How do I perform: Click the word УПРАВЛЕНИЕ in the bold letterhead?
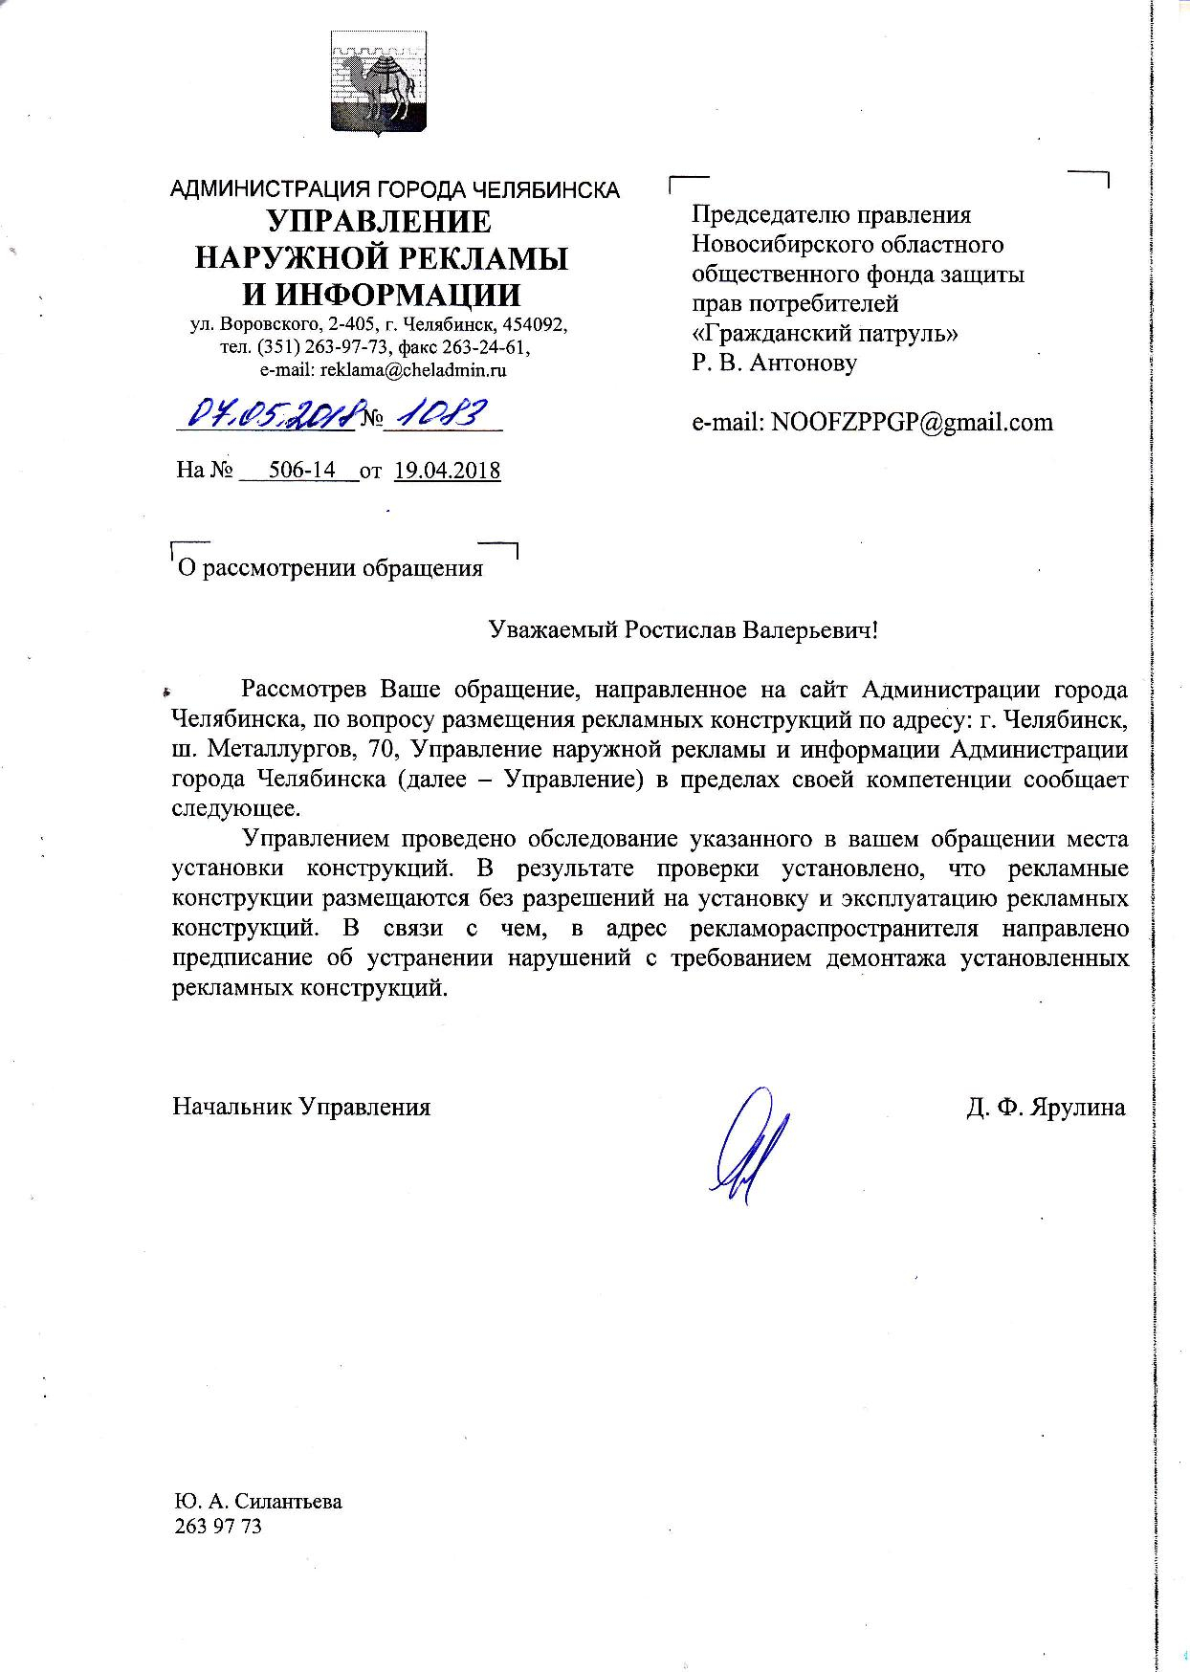tap(380, 223)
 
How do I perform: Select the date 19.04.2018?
tap(447, 470)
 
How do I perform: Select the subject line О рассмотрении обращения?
tap(331, 568)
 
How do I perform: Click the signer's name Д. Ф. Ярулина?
tap(1047, 1107)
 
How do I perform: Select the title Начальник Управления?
tap(301, 1107)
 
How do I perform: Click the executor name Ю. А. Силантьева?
tap(258, 1501)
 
